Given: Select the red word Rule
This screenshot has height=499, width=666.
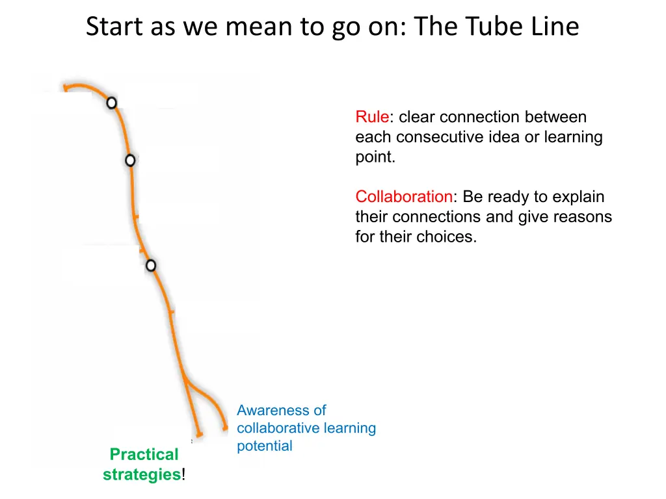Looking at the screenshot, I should point(372,117).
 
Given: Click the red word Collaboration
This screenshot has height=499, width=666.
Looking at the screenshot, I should point(403,197).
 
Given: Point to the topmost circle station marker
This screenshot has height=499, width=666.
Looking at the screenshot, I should point(112,103).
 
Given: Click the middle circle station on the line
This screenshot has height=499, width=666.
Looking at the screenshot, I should point(130,160).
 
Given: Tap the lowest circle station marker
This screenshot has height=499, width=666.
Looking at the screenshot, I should point(151,265).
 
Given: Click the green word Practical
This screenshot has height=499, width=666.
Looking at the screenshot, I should point(144,454).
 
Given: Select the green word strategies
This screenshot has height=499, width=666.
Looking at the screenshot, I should point(142,474).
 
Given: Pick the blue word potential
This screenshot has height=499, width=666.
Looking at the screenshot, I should point(265,446).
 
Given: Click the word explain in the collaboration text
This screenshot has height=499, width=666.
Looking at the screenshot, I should point(579,197).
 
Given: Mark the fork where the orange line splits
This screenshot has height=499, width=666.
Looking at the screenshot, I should point(185,380).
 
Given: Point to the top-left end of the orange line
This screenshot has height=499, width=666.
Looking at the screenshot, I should point(64,86).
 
